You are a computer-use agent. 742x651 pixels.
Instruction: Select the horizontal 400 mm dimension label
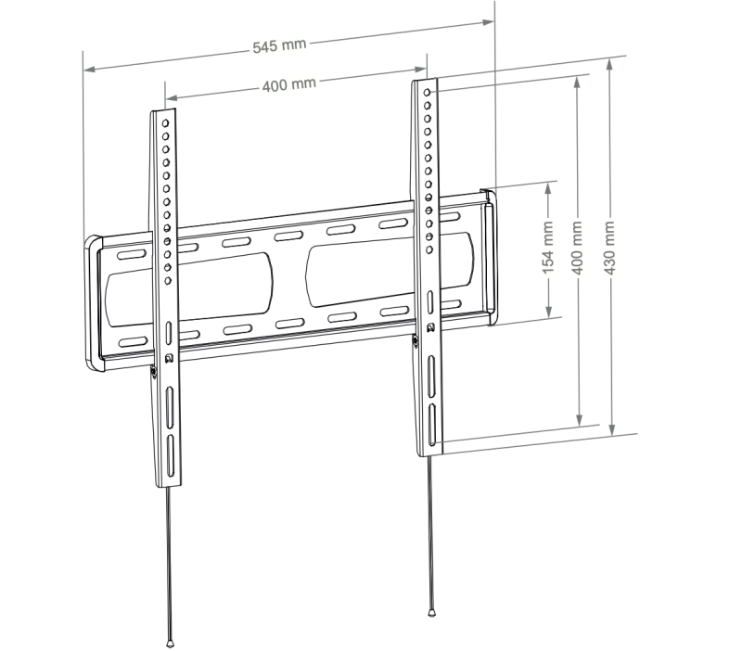(x=289, y=84)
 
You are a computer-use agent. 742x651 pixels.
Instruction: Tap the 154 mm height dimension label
(x=548, y=251)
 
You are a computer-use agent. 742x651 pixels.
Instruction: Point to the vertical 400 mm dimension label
(x=579, y=249)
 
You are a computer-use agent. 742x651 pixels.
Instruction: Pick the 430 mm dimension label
(x=609, y=247)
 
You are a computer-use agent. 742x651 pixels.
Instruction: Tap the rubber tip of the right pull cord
(x=431, y=611)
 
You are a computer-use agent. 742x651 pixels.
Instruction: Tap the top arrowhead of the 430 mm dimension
(x=609, y=65)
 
